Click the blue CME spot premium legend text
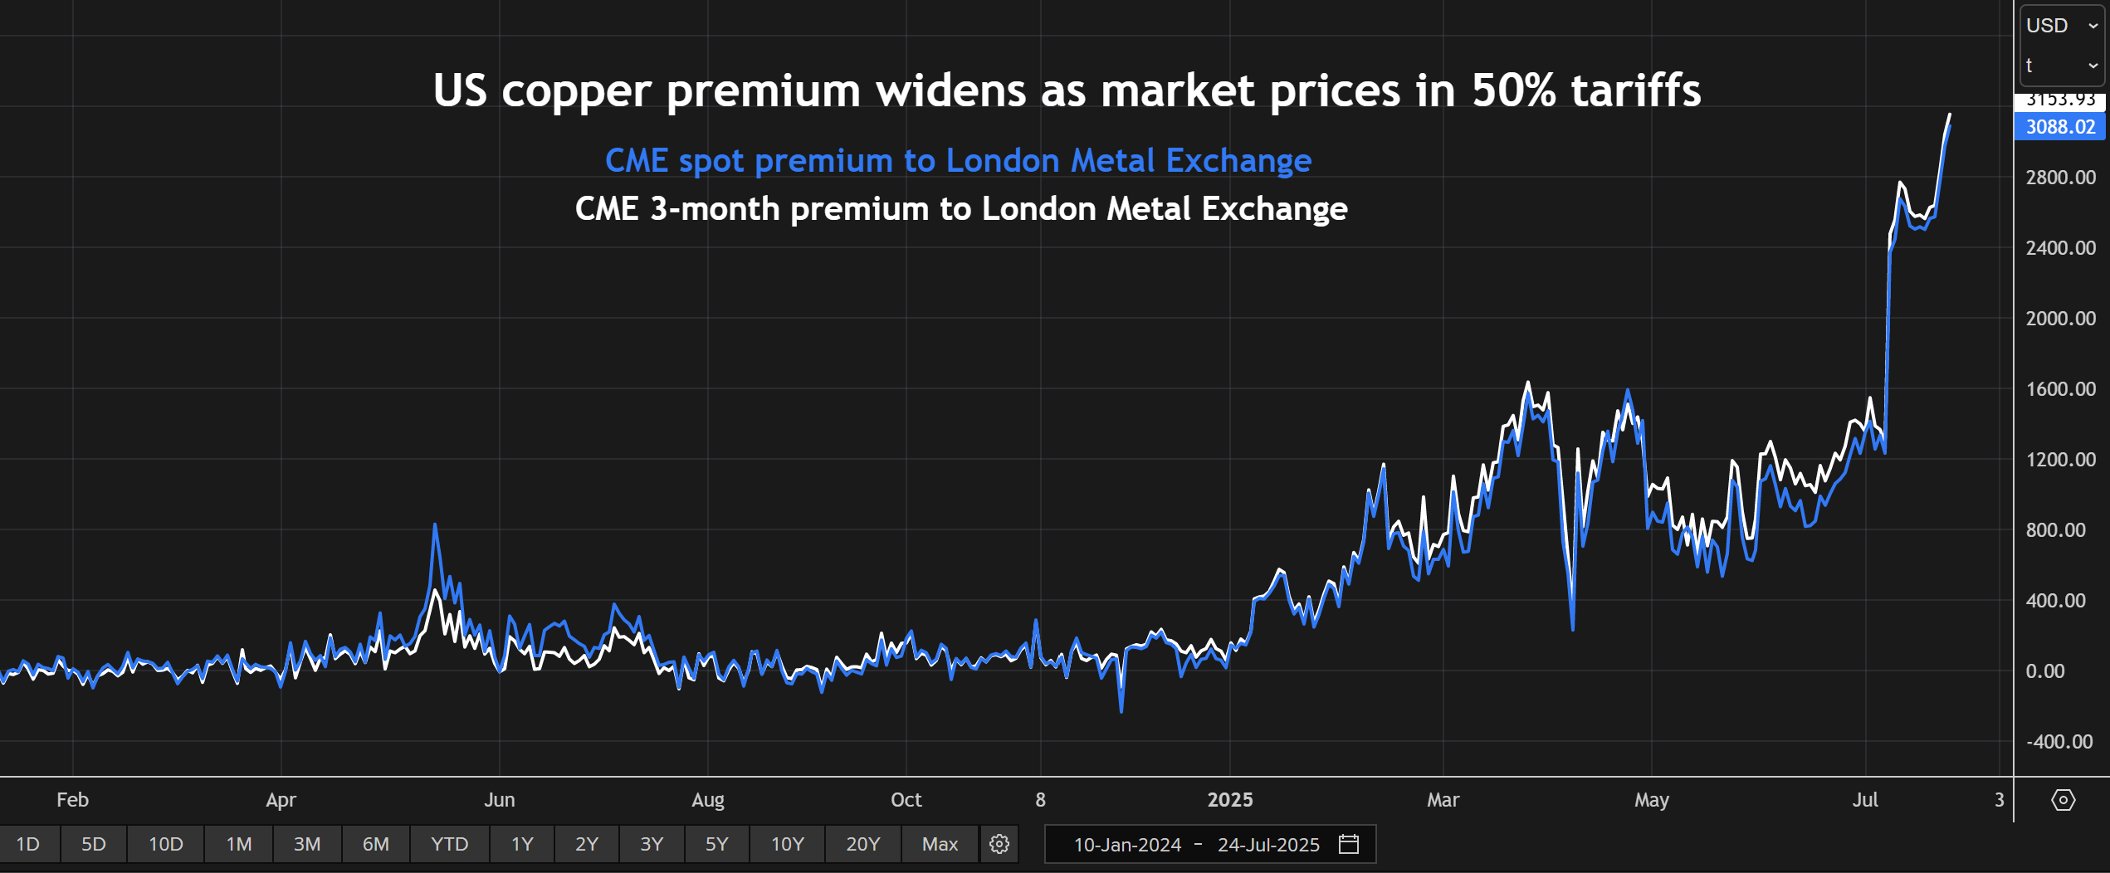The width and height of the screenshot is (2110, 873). click(958, 160)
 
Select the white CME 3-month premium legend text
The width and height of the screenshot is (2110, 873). click(961, 208)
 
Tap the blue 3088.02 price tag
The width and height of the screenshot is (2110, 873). click(2059, 127)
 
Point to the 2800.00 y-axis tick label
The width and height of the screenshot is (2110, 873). click(2060, 177)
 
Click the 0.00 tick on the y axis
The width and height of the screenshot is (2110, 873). click(2044, 671)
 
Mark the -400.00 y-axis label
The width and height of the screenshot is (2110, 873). click(2059, 741)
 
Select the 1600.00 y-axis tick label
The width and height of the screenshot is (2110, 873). click(2060, 388)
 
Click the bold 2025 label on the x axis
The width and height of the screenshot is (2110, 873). click(1229, 799)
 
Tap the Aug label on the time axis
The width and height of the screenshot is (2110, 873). click(707, 799)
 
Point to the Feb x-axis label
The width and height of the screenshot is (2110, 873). click(72, 799)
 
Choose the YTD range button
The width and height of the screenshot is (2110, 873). click(449, 844)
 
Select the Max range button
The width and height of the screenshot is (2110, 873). click(940, 844)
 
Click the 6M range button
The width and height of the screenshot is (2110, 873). click(375, 844)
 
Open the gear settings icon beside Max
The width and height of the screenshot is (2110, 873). click(999, 844)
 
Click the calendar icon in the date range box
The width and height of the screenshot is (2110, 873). click(1349, 844)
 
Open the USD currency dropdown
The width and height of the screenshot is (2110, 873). click(2061, 26)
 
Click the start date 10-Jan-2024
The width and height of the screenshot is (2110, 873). click(1126, 844)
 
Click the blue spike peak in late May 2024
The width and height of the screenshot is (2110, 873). click(435, 525)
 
